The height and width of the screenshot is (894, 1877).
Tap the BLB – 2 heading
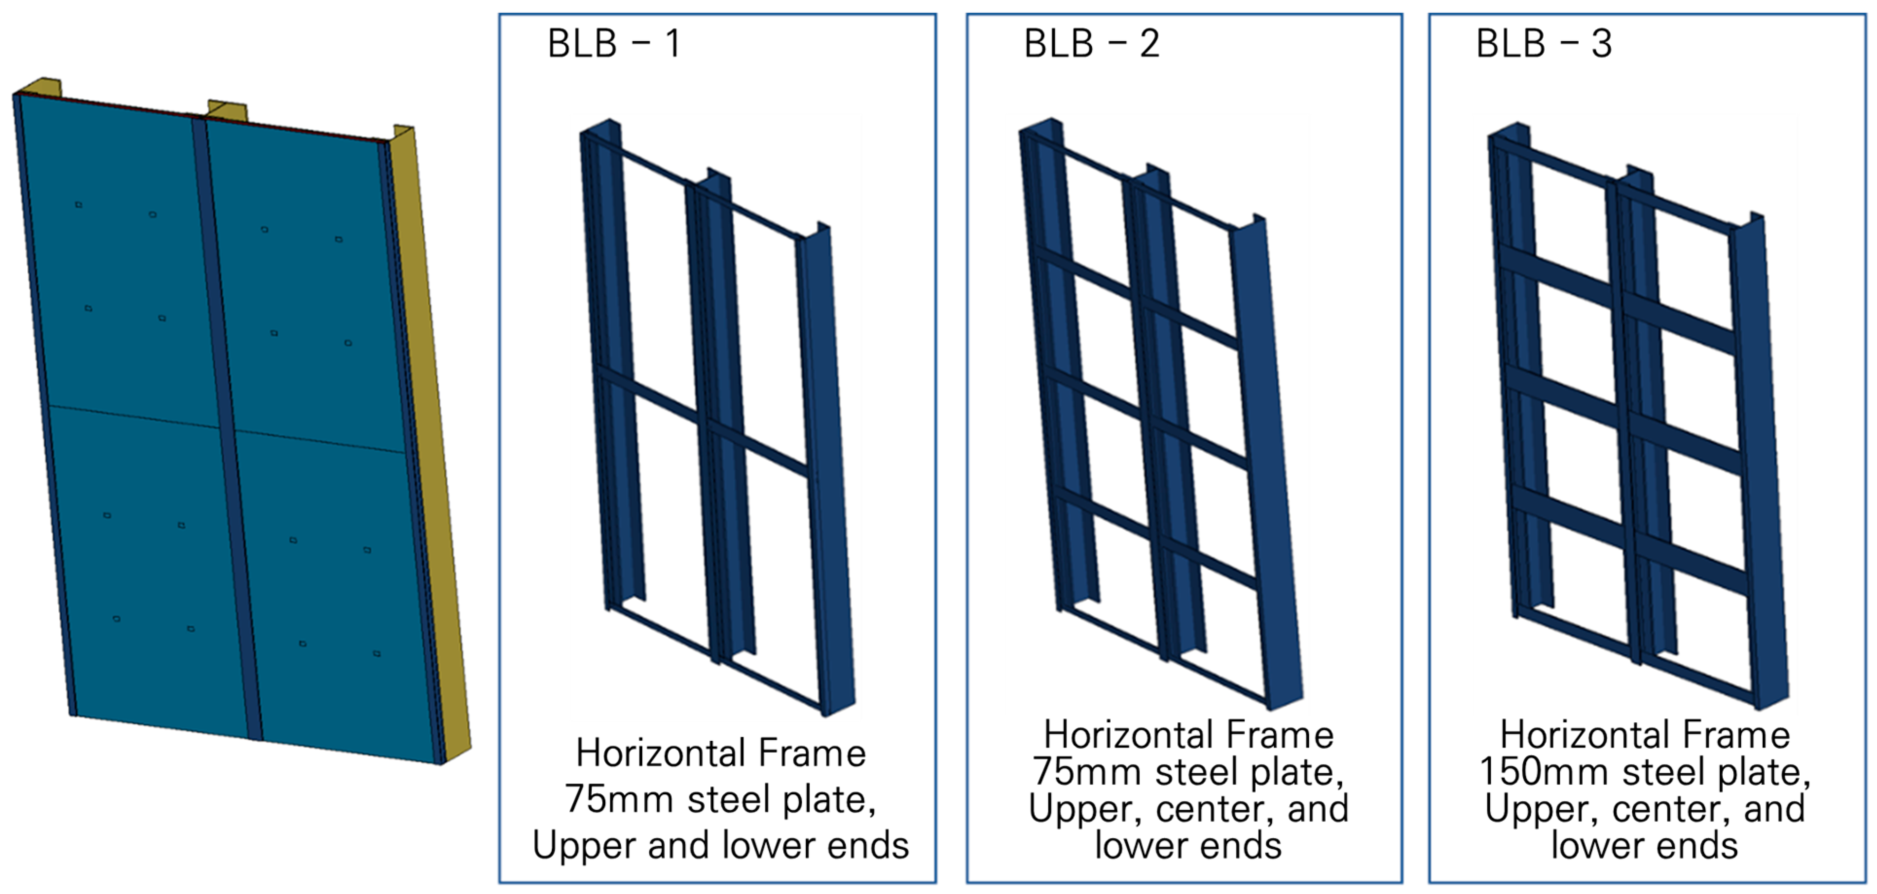(1091, 44)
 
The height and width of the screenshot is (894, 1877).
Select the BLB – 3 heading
(1543, 44)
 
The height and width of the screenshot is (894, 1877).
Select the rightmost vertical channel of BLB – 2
(1268, 466)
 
